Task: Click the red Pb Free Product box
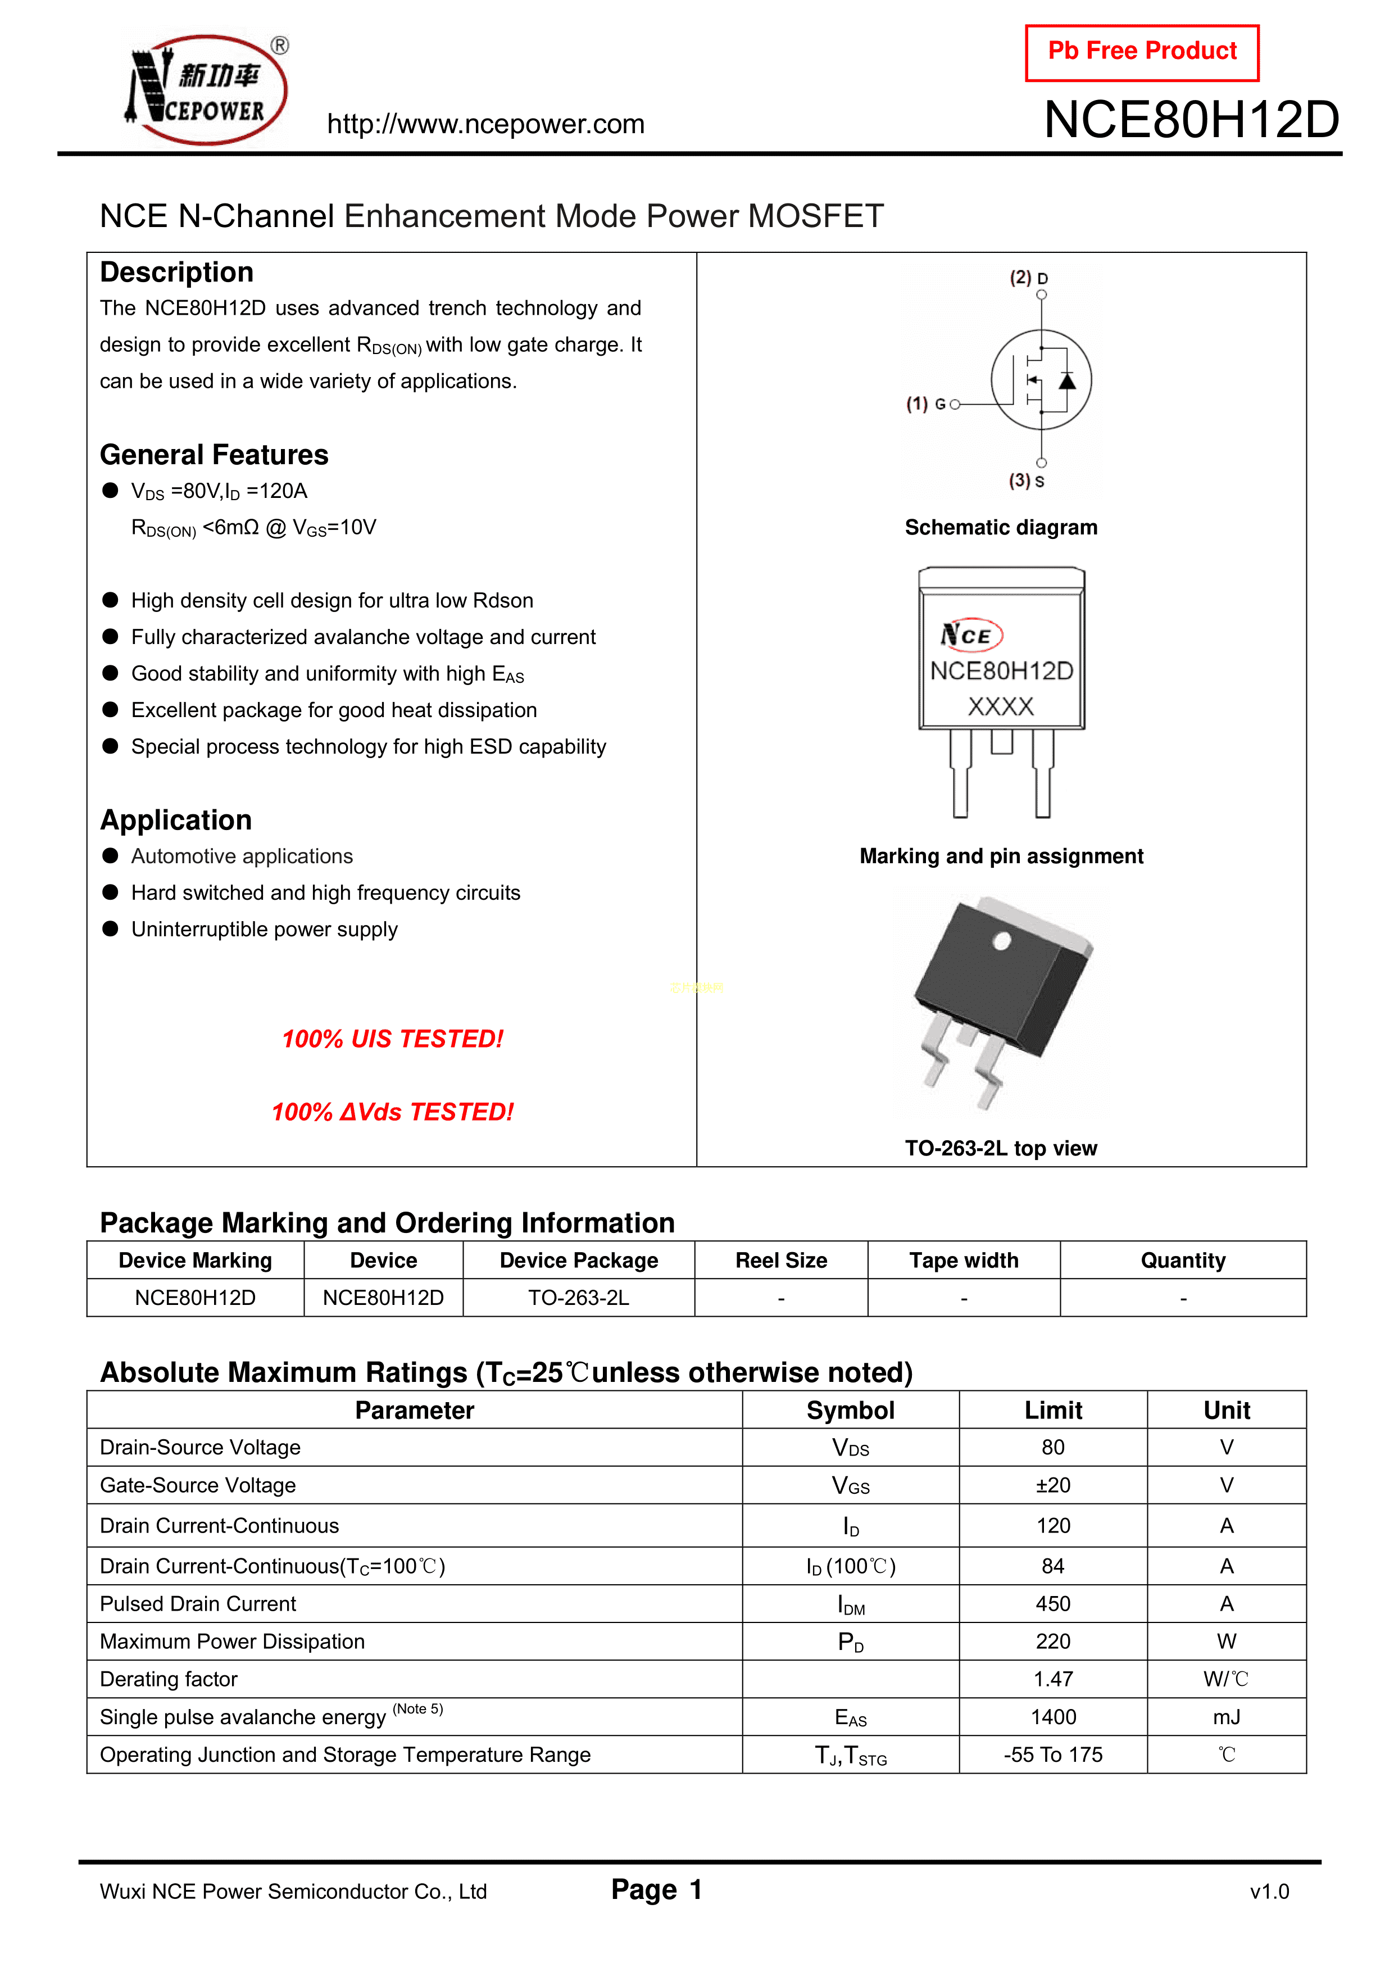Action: tap(1142, 52)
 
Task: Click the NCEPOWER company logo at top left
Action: tap(206, 90)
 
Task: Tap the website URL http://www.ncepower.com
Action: tap(485, 125)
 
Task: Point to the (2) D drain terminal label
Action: tap(1028, 278)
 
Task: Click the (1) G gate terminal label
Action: tap(926, 404)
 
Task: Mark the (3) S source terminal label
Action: tap(1027, 481)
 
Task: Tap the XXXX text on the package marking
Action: tap(1001, 707)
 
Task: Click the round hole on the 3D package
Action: tap(1001, 942)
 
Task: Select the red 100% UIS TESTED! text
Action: tap(393, 1039)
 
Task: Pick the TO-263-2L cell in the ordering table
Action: tap(578, 1298)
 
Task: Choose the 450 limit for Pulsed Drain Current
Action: tap(1053, 1603)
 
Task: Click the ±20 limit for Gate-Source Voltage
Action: tap(1053, 1485)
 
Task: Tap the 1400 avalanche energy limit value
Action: tap(1053, 1717)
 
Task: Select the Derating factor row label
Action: tap(169, 1679)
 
